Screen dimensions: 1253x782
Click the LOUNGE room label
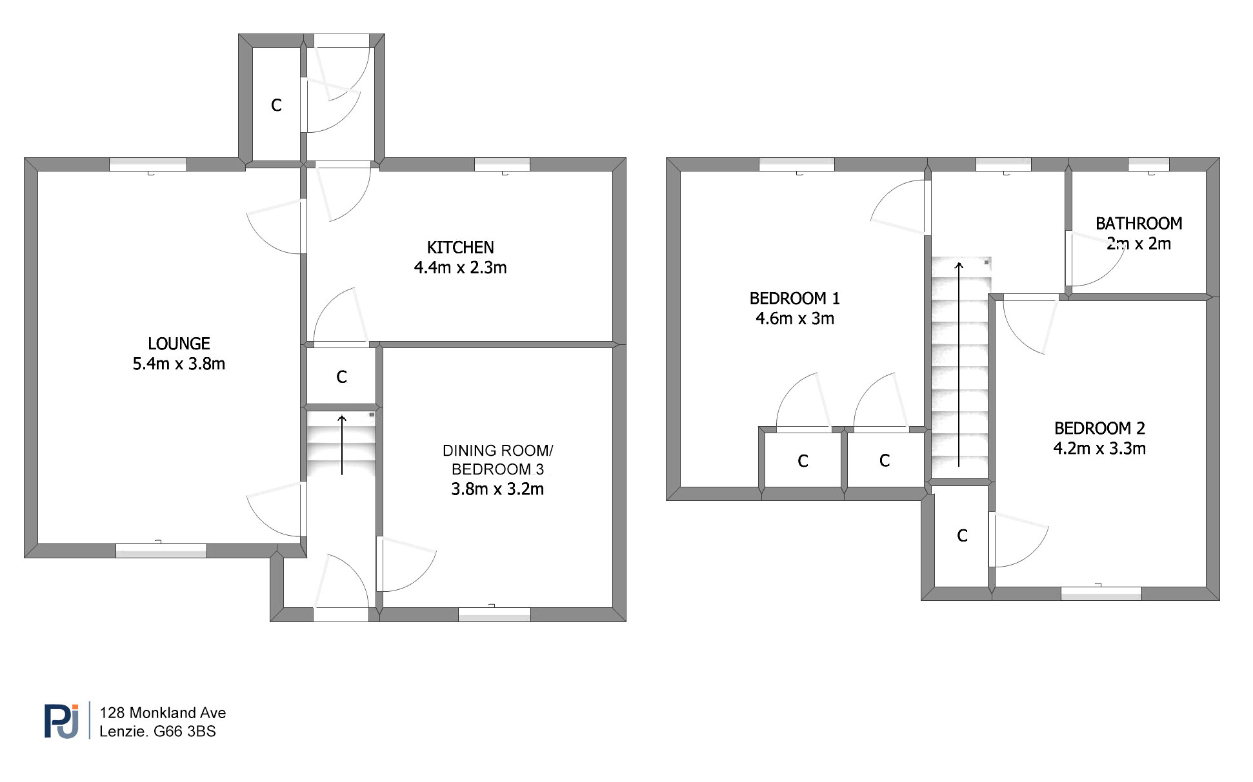179,344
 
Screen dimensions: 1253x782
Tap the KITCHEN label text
460,248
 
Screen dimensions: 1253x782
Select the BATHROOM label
1139,224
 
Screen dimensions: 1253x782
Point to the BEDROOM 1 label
794,298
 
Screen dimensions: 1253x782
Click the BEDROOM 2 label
1099,428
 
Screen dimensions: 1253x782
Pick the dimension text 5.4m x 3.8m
179,364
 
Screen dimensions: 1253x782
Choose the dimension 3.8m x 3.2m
497,489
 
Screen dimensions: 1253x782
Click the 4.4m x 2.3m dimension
460,268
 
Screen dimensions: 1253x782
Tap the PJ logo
61,721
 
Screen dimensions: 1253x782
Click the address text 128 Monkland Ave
163,712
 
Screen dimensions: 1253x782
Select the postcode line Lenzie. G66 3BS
157,731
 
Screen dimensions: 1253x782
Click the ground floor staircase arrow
342,445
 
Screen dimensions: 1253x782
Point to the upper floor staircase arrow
959,364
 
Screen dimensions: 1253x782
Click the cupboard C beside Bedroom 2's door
962,536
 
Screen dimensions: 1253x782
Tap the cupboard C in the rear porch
276,105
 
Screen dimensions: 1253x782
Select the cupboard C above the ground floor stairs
341,377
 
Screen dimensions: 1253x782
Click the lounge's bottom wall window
161,551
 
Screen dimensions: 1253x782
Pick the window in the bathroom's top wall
1148,164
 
